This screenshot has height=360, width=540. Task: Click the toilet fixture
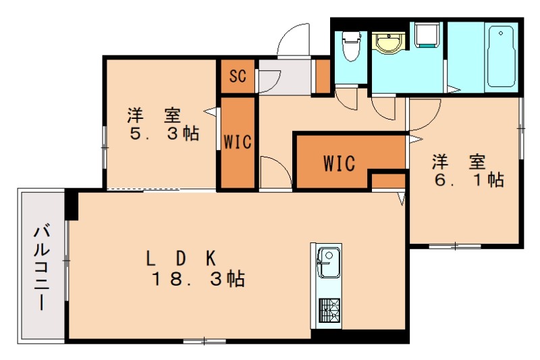[350, 46]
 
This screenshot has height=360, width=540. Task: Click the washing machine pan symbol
[427, 34]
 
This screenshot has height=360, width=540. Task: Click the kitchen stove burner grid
[328, 311]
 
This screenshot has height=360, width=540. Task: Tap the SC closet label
[237, 76]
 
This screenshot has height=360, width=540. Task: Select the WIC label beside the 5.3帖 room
[238, 143]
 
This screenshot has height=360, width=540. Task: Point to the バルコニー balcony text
[40, 269]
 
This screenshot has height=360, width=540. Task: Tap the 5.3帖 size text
[165, 133]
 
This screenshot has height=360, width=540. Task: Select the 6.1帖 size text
[466, 180]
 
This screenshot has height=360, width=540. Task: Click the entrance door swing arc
[294, 38]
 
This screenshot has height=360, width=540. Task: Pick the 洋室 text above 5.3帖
[155, 114]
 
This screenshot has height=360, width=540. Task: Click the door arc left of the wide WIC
[274, 172]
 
